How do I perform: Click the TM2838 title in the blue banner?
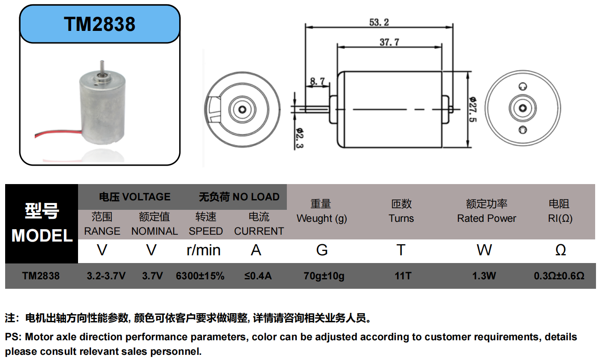(x=99, y=24)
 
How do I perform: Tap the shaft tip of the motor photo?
(x=102, y=63)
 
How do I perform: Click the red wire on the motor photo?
(x=56, y=134)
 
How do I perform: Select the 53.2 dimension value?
(x=379, y=22)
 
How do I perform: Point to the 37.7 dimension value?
(x=389, y=42)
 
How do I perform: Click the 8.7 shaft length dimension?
(x=318, y=82)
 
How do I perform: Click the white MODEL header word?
(x=42, y=236)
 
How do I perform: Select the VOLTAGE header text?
(x=146, y=197)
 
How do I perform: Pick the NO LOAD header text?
(x=256, y=197)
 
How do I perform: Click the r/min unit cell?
(x=204, y=250)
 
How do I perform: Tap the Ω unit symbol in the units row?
(x=560, y=250)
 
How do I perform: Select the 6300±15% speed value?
(x=200, y=276)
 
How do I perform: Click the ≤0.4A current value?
(x=258, y=276)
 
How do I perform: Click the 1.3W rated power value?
(x=484, y=276)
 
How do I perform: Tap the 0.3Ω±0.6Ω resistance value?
(x=559, y=276)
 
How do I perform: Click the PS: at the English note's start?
(x=13, y=337)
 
